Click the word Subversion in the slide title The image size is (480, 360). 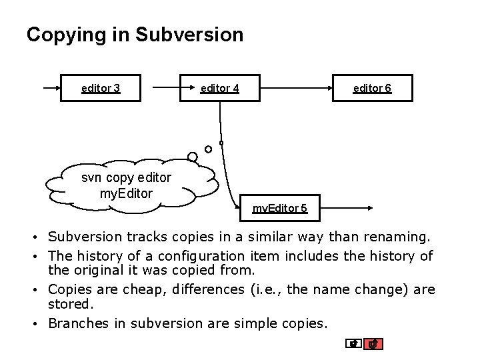tap(189, 35)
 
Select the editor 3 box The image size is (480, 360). tap(101, 87)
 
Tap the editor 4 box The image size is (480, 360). tap(219, 87)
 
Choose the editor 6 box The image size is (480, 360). tap(372, 87)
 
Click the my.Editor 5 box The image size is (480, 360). tap(279, 208)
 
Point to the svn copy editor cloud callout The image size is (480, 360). tap(127, 185)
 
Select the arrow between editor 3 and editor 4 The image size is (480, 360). tap(160, 87)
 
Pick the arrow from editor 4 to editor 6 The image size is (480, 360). tap(296, 87)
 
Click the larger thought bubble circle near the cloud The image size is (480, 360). tap(193, 157)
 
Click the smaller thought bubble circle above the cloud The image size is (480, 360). tap(208, 149)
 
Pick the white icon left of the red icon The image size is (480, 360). tap(355, 344)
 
